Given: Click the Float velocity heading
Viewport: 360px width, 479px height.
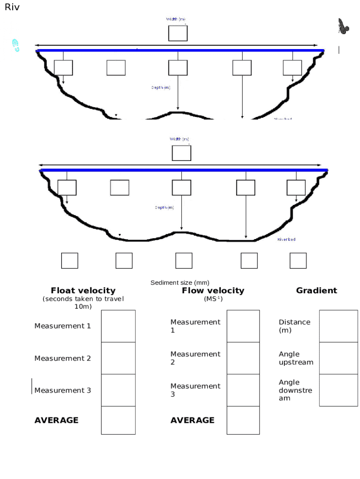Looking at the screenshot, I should (83, 290).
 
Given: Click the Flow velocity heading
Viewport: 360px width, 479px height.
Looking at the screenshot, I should (213, 290).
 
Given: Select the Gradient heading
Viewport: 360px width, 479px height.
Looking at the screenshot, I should (316, 290).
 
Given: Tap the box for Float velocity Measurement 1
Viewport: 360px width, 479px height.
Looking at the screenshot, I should (118, 326).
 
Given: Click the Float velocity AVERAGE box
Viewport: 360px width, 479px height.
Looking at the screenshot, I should (118, 420).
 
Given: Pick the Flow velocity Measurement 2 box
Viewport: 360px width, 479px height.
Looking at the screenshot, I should (243, 358).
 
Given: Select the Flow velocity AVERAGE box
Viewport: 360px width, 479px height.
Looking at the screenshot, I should (243, 420).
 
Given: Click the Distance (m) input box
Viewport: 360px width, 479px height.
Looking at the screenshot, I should (338, 326).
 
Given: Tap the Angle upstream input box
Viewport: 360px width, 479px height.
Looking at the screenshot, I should (338, 358).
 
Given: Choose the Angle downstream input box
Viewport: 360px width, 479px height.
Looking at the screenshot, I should (338, 390).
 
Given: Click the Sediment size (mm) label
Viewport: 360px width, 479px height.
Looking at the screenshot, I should (180, 283).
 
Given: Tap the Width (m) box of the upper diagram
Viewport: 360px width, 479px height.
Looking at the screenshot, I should (178, 33).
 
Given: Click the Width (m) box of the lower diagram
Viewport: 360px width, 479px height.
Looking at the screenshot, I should (181, 153).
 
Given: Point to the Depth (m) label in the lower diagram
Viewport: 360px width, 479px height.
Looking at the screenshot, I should (165, 207).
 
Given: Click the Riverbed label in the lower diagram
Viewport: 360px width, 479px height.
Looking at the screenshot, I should (286, 239).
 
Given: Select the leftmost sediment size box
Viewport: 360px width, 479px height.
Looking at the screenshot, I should (70, 261).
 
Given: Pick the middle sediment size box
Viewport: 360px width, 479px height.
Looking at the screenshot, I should (184, 261).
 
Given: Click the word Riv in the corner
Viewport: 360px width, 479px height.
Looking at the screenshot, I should (12, 7).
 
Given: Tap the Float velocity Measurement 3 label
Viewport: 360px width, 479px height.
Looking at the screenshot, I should (63, 390).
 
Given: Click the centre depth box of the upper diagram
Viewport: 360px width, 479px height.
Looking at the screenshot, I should (178, 68).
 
